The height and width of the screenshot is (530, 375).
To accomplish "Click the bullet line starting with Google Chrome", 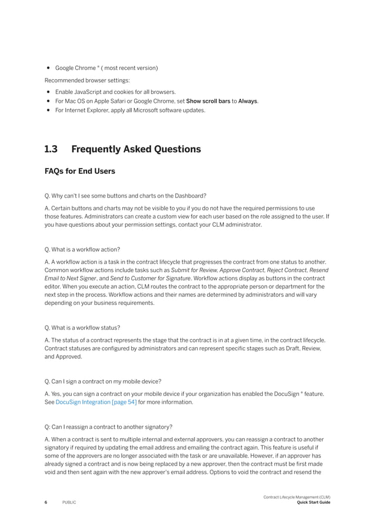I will (x=106, y=68).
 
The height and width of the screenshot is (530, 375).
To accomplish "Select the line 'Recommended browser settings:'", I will (x=87, y=80).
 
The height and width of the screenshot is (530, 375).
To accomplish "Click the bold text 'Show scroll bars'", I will (x=208, y=101).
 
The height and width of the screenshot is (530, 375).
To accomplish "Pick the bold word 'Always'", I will (x=247, y=101).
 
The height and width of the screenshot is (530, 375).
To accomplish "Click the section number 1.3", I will (x=51, y=149).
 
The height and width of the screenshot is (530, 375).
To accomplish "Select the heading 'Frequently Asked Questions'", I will (x=136, y=149).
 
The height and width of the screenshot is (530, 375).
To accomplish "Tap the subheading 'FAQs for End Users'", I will (x=80, y=172).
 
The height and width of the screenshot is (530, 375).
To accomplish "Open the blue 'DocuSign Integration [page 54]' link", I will (x=96, y=402).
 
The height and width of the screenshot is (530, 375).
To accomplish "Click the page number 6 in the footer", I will (x=46, y=502).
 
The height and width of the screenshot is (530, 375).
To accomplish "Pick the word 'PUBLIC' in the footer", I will (x=69, y=502).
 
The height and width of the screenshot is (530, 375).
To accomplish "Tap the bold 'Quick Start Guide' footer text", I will (x=314, y=502).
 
